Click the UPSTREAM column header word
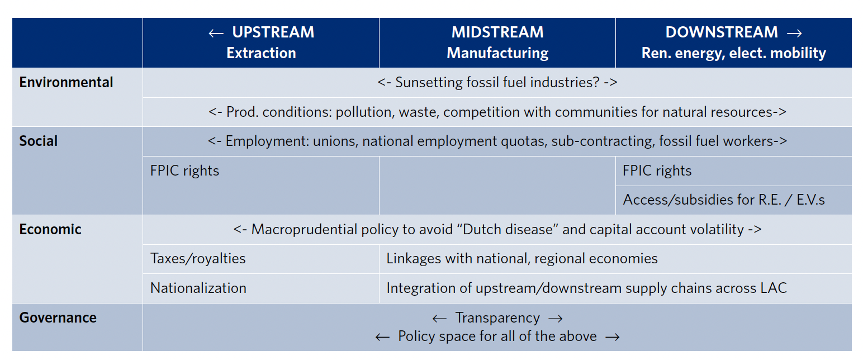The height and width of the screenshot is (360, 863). pos(273,32)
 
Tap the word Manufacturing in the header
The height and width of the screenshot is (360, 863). pos(497,53)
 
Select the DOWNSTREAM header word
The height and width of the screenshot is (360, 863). pos(722,32)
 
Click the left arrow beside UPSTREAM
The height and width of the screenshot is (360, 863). pos(216,34)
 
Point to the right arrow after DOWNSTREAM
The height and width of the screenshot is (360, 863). pos(794,34)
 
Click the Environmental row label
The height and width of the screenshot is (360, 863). pos(67,83)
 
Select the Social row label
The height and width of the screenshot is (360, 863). pos(39,141)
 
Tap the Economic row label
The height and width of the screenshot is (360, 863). pos(50,229)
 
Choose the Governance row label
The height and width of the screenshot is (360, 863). pos(58,318)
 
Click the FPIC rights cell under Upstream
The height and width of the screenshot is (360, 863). pos(184,170)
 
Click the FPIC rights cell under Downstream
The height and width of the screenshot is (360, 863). pos(657,170)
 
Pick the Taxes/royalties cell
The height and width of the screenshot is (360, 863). pos(198,259)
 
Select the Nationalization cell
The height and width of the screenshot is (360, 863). pos(198,288)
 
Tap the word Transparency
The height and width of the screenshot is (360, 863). pos(497,318)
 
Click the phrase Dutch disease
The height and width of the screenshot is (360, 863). pos(510,229)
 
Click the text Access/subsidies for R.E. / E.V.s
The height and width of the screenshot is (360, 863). pos(724,200)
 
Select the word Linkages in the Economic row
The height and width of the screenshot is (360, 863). pos(414,259)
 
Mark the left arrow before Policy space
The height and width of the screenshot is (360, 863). pos(382,337)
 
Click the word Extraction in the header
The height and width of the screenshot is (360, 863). pos(261,53)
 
